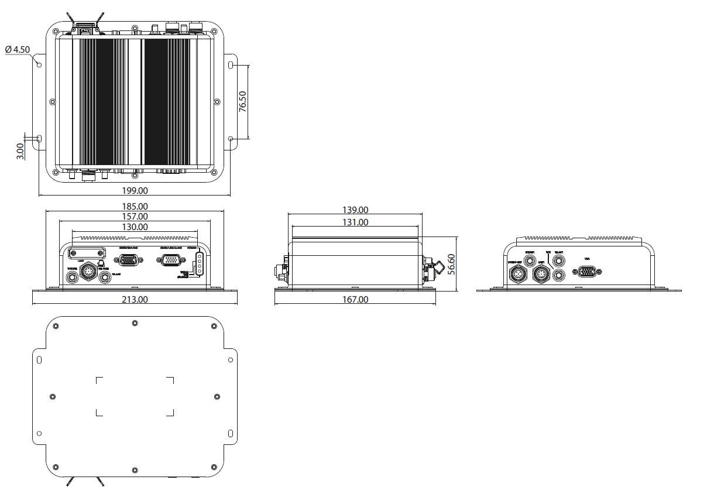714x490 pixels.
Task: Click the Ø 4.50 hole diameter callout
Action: [x=18, y=50]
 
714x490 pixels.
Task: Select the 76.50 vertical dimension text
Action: [x=243, y=101]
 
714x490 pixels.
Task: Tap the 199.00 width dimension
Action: [x=134, y=190]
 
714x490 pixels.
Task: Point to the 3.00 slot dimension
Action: [x=20, y=150]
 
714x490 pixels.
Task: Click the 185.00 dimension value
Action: [x=135, y=206]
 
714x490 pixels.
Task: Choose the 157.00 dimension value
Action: [x=135, y=217]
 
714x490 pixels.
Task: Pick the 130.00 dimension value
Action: [x=135, y=227]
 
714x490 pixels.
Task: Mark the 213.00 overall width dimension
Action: [x=135, y=299]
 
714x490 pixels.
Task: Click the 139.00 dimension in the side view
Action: [x=355, y=210]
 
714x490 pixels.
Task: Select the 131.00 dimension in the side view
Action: [x=355, y=222]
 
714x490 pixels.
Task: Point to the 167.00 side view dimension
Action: [x=355, y=299]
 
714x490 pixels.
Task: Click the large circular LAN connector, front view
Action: [x=88, y=272]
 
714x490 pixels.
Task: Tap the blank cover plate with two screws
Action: [x=88, y=253]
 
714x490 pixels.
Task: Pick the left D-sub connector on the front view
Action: [x=128, y=261]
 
